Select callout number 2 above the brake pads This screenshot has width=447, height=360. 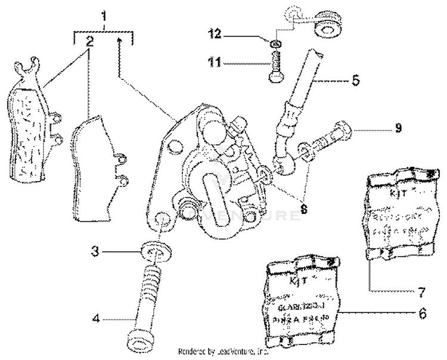pos(89,42)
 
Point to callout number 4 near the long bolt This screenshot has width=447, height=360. pos(95,318)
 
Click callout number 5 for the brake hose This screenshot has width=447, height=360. pos(355,79)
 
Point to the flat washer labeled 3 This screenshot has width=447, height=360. pos(154,250)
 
